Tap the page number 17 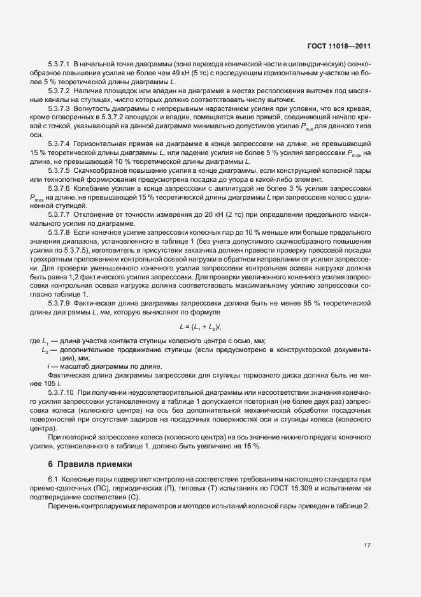[x=367, y=545]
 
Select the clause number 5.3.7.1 [x=59, y=66]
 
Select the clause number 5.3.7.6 [x=59, y=190]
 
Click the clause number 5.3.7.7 [x=59, y=215]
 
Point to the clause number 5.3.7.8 [x=59, y=233]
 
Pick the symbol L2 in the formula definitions [x=45, y=351]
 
